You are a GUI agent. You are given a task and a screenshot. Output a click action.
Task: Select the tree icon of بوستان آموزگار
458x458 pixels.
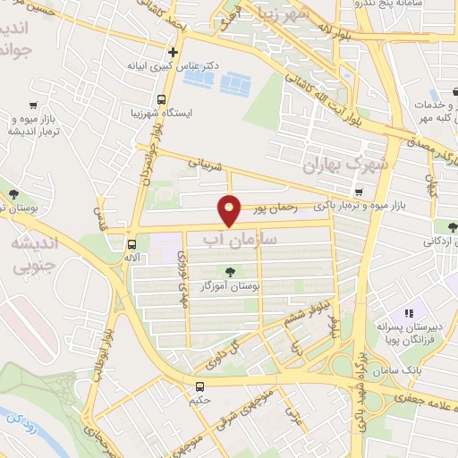[x=232, y=271]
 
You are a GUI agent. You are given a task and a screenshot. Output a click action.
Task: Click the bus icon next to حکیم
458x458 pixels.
[x=200, y=387]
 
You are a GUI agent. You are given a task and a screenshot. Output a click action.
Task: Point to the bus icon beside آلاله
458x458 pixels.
[x=132, y=243]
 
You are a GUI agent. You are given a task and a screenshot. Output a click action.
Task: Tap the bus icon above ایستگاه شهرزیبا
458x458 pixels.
[x=162, y=99]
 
